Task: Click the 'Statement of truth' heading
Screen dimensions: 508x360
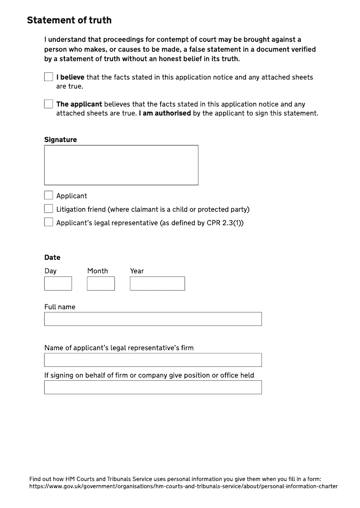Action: (69, 20)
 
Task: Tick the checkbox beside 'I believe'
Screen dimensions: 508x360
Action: (49, 77)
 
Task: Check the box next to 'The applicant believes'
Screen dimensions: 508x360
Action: (49, 104)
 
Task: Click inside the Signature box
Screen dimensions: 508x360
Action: (121, 165)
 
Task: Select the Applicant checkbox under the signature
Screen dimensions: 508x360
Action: (49, 195)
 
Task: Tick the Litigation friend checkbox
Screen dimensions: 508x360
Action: (49, 209)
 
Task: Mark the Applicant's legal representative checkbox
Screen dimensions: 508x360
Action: (49, 222)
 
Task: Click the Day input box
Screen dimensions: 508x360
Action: (58, 283)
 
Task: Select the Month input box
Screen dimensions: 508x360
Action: (101, 283)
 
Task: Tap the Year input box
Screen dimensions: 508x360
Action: (157, 283)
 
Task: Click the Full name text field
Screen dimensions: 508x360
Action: (153, 319)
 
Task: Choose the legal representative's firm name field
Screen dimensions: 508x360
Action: (153, 360)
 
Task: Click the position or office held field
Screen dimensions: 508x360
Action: (153, 387)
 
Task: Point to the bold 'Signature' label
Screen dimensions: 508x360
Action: (60, 140)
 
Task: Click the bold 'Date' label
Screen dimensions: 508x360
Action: (52, 258)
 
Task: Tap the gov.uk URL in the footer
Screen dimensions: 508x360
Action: (183, 486)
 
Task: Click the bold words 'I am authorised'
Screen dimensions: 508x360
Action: (165, 113)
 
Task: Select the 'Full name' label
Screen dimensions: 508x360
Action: (60, 307)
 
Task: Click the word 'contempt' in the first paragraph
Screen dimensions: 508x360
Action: (172, 40)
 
